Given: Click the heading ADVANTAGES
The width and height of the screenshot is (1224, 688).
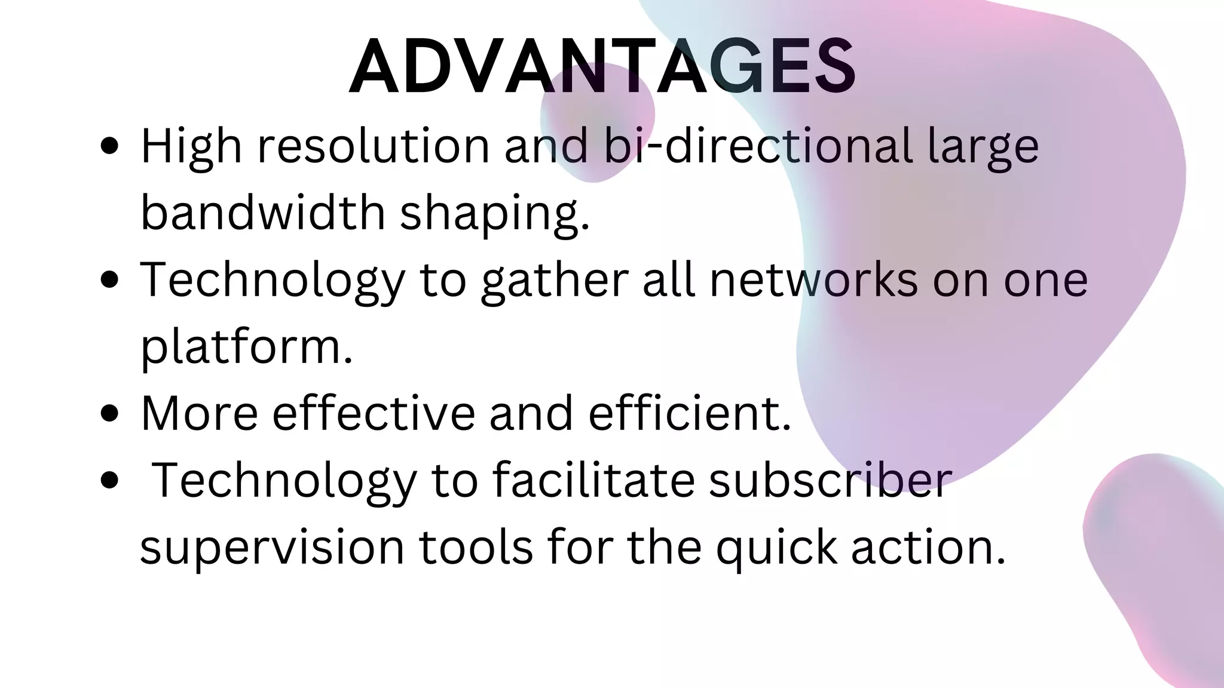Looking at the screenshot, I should (602, 67).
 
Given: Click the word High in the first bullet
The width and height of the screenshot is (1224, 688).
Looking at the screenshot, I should (191, 146).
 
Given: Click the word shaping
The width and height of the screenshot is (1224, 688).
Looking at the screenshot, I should (494, 214).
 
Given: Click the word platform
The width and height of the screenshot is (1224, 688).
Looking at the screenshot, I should (246, 347).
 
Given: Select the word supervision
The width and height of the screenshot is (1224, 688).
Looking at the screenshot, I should (272, 547).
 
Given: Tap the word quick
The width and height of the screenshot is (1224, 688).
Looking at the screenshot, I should (776, 548).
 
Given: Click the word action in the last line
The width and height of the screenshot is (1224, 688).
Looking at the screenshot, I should (928, 547).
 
